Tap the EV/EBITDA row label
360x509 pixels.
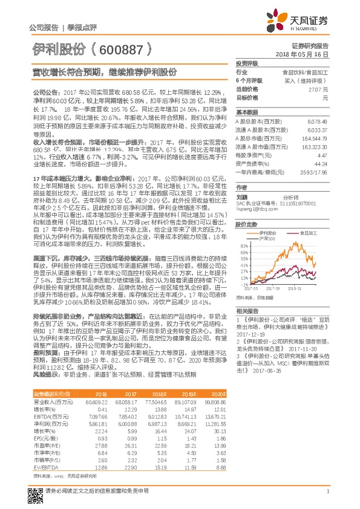(42, 466)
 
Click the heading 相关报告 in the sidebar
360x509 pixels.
(247, 309)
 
